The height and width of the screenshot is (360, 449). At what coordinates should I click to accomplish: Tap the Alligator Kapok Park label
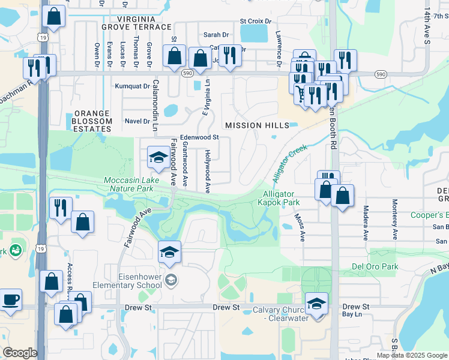pyautogui.click(x=280, y=198)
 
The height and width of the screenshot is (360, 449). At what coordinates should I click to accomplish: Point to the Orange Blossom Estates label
pyautogui.click(x=92, y=121)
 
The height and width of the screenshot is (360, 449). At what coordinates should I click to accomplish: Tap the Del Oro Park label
pyautogui.click(x=375, y=266)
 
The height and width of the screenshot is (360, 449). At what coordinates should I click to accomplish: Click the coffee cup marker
pyautogui.click(x=10, y=300)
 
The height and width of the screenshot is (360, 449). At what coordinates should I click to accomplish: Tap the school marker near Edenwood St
pyautogui.click(x=158, y=158)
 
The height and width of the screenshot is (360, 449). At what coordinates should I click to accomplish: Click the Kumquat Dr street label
pyautogui.click(x=133, y=86)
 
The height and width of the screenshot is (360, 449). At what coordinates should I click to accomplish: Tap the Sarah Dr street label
pyautogui.click(x=217, y=35)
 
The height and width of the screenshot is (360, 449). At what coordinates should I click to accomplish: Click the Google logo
pyautogui.click(x=19, y=353)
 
